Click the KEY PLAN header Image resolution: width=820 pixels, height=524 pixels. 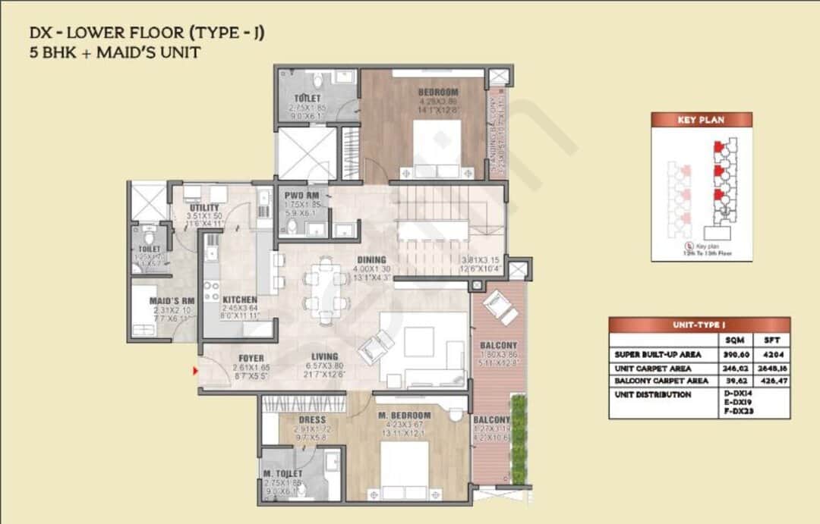click(x=701, y=120)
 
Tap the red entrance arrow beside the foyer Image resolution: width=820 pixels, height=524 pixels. click(x=195, y=371)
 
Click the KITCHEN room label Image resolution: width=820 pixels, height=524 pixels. click(x=239, y=300)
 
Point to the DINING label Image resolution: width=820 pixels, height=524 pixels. click(x=372, y=260)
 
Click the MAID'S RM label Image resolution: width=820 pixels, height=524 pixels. click(x=172, y=301)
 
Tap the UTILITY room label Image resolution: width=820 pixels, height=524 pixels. click(x=203, y=208)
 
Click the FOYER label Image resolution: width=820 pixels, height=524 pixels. click(x=251, y=359)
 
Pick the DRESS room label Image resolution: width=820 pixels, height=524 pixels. click(x=312, y=419)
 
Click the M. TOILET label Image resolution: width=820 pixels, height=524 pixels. click(x=282, y=474)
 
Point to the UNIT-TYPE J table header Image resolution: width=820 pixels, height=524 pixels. click(x=699, y=325)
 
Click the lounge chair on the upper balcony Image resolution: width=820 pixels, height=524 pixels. click(x=497, y=306)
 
